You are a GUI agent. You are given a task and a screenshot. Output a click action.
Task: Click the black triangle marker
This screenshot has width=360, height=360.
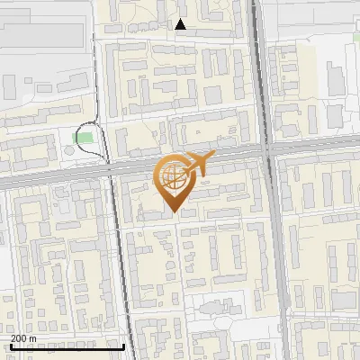[181, 25]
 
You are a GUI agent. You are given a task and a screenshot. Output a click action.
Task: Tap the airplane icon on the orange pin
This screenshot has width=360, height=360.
[195, 164]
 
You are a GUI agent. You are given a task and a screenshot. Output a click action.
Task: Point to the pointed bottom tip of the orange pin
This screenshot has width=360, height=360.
[172, 213]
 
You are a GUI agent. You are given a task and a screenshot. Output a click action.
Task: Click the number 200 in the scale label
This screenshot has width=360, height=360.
[20, 338]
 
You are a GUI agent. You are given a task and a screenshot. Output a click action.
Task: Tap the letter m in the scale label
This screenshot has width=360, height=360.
[34, 338]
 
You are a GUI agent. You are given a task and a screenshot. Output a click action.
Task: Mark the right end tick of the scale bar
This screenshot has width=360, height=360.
[123, 345]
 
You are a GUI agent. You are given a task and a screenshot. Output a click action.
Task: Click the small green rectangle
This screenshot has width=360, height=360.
[83, 138]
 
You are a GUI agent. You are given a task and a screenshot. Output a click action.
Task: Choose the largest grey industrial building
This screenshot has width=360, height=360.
[45, 36]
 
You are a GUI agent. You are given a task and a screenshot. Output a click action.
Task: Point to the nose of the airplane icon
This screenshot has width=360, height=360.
[213, 157]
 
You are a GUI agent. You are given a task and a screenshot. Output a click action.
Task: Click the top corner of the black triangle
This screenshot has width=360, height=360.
[181, 20]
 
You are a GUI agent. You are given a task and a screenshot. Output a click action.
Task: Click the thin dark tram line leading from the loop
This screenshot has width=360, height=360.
[117, 252]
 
